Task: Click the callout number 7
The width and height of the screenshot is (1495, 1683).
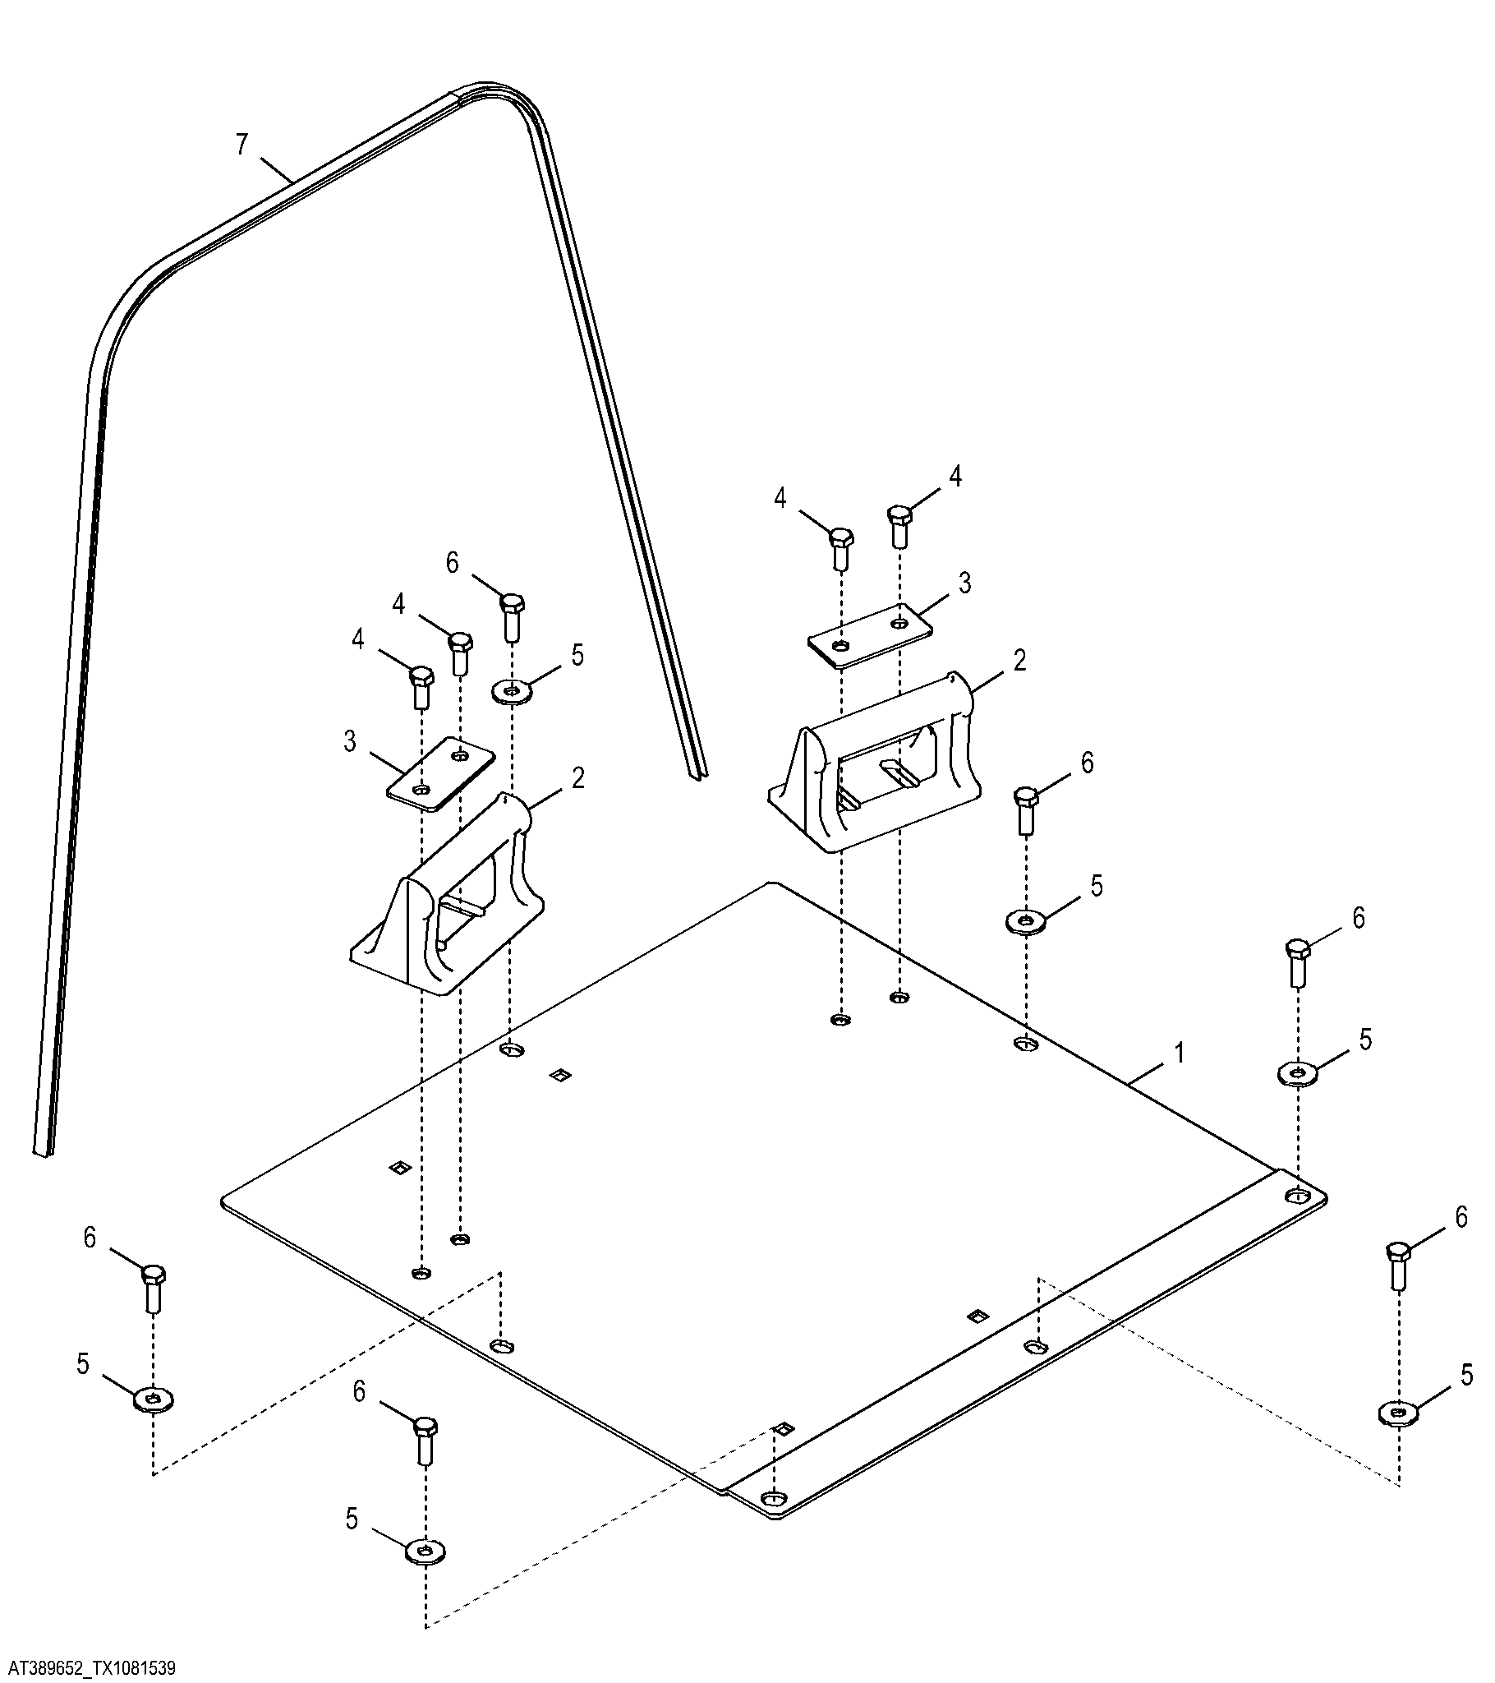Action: (241, 145)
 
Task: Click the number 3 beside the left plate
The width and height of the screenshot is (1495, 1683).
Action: (350, 741)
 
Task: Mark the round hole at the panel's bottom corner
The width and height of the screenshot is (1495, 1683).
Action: (772, 1496)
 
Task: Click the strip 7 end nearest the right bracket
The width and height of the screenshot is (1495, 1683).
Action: (697, 774)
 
